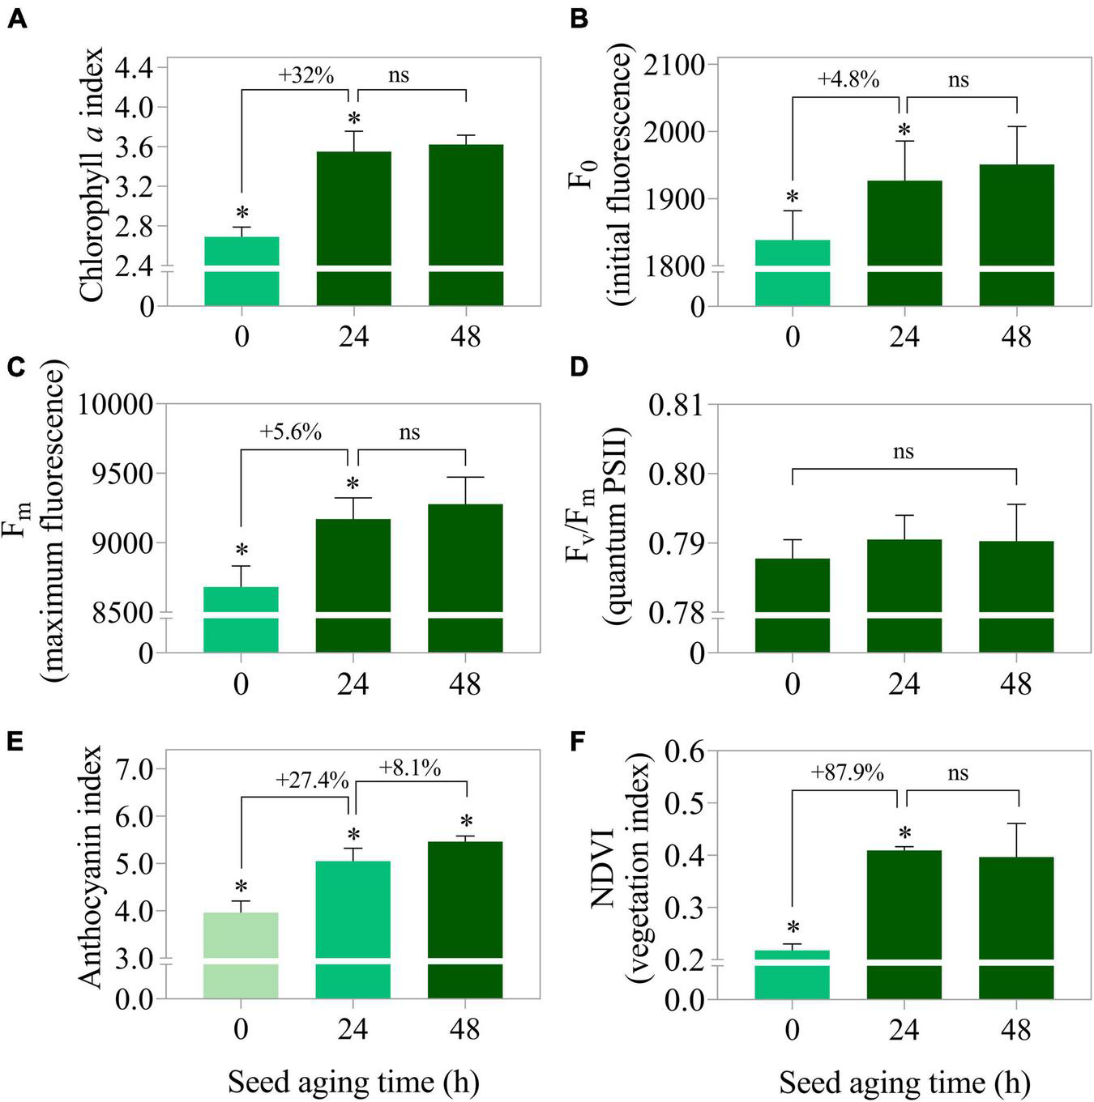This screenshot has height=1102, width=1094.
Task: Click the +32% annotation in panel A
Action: click(306, 76)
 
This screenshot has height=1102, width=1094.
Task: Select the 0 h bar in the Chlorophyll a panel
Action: click(241, 270)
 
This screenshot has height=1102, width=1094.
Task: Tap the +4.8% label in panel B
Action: click(848, 80)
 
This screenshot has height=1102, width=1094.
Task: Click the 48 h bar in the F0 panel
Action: click(1016, 235)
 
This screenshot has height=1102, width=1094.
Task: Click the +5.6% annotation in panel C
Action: click(290, 432)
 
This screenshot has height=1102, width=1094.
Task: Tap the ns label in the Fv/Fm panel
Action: click(904, 452)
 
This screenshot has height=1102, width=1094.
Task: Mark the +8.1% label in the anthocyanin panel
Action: click(409, 767)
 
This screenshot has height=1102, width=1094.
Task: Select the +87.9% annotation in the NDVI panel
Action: click(847, 772)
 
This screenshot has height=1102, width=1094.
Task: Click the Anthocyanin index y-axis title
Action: click(92, 866)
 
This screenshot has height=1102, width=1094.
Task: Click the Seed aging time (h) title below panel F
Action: click(904, 1083)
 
